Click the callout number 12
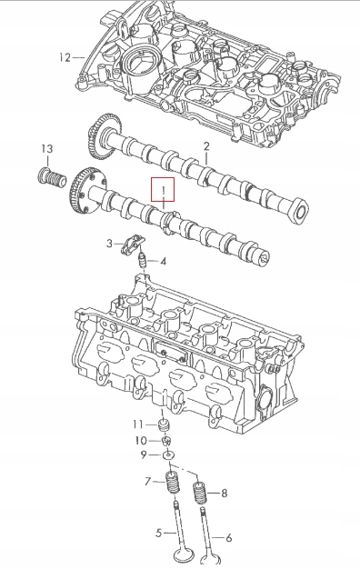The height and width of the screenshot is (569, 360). pos(65,57)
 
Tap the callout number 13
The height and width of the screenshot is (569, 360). pos(46,148)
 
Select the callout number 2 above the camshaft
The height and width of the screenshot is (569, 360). pos(206,146)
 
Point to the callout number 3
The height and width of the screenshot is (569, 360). pos(110,243)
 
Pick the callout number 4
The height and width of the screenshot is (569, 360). pos(164,261)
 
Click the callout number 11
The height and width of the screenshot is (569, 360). pos(138,424)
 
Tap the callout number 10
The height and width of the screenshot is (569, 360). pos(141,441)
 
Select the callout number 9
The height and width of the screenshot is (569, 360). pos(144,454)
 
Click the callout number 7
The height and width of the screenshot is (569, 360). pos(147,482)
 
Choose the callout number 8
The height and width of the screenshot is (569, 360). pos(225,494)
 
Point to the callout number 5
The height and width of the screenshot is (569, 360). pos(158,533)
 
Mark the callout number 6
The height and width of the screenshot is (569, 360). pos(228,537)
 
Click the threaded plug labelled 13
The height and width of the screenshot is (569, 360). pos(52,177)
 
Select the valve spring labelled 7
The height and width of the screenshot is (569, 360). pos(173,482)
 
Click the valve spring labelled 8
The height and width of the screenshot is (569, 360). pos(199,493)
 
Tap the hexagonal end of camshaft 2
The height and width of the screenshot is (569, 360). pos(299,211)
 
